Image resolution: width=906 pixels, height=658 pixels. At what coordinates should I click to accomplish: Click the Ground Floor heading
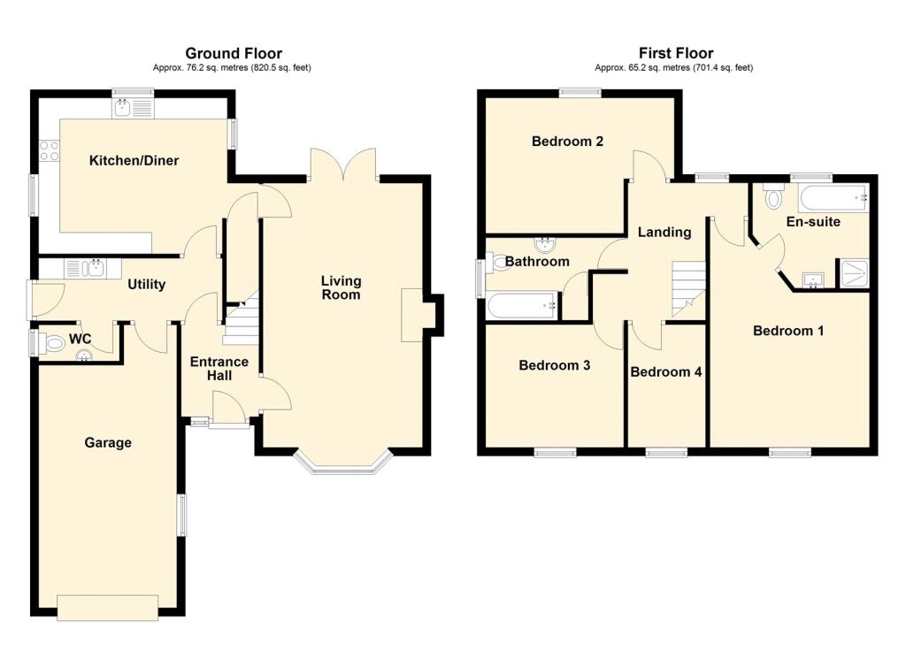pyautogui.click(x=234, y=53)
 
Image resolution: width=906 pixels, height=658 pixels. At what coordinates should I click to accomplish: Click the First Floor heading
pyautogui.click(x=676, y=53)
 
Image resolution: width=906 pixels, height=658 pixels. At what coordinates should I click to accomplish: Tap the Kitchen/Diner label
pyautogui.click(x=134, y=161)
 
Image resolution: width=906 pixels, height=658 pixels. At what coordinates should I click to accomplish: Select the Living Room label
pyautogui.click(x=341, y=287)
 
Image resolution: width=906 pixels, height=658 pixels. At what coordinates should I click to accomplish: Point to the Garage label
pyautogui.click(x=108, y=442)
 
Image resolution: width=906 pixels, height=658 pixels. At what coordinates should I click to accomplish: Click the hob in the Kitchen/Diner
pyautogui.click(x=49, y=150)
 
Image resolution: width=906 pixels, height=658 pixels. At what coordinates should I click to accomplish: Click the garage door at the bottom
pyautogui.click(x=107, y=608)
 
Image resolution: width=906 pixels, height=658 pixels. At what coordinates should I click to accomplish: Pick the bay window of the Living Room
pyautogui.click(x=344, y=464)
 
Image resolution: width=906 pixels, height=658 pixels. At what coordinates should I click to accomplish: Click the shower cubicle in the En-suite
pyautogui.click(x=854, y=273)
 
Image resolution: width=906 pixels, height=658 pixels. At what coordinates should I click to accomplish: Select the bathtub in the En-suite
pyautogui.click(x=833, y=198)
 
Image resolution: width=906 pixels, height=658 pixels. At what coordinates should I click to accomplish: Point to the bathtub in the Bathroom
pyautogui.click(x=524, y=306)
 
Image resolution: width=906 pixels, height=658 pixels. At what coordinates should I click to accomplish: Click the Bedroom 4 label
pyautogui.click(x=666, y=371)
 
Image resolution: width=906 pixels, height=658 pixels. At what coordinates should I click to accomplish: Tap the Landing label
pyautogui.click(x=664, y=232)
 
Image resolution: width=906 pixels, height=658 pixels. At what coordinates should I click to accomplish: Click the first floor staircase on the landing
pyautogui.click(x=688, y=289)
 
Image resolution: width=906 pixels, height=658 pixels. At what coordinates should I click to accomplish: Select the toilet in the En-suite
pyautogui.click(x=773, y=195)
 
